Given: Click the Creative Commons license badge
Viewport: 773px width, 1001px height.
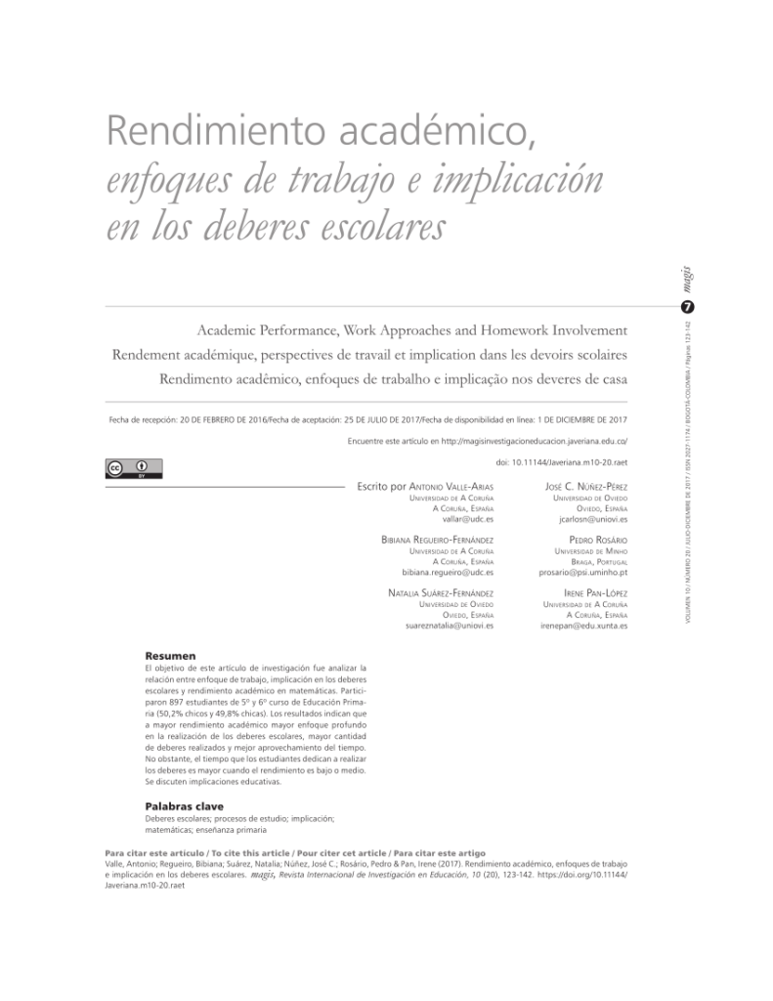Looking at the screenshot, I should tap(133, 468).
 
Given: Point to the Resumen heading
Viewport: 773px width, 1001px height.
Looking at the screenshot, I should tap(171, 655).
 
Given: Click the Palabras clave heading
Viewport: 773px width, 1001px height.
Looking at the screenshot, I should tap(184, 805).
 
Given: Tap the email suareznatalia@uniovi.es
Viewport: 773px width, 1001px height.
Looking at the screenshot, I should tap(450, 626).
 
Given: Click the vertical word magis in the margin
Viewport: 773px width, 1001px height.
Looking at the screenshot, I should tap(687, 281).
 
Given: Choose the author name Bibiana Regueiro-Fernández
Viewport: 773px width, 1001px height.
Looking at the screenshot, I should tap(437, 540).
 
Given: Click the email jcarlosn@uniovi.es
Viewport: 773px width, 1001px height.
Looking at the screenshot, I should tap(586, 519).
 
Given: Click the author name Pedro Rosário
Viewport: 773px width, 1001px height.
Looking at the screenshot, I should tap(598, 540).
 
